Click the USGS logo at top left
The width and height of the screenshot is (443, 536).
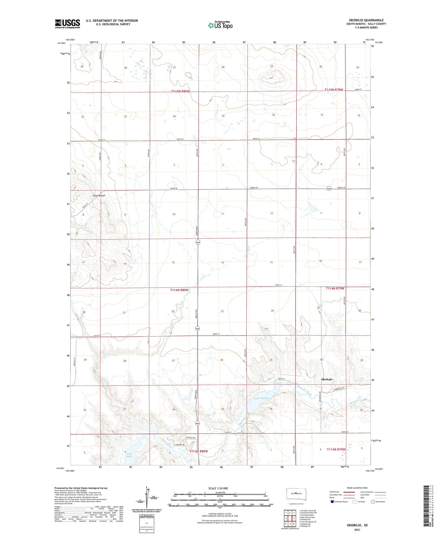[67, 24]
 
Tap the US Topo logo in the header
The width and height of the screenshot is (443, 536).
[220, 25]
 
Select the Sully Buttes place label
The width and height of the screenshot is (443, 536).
[99, 196]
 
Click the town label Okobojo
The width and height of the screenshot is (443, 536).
[327, 379]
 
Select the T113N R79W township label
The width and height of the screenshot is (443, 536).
[336, 449]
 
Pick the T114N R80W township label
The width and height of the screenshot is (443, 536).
[179, 290]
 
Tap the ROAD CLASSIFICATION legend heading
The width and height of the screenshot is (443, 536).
[357, 488]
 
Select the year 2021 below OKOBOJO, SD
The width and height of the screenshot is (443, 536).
[357, 530]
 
